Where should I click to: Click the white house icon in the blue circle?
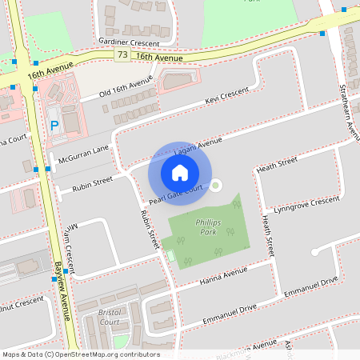(x=180, y=173)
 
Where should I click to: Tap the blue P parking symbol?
(x=54, y=126)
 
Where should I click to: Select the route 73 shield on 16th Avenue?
(x=122, y=55)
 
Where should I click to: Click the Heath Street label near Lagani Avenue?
(x=277, y=164)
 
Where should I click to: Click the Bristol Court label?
(x=104, y=316)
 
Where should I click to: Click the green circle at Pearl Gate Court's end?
(x=215, y=186)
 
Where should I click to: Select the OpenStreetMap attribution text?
(x=80, y=354)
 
